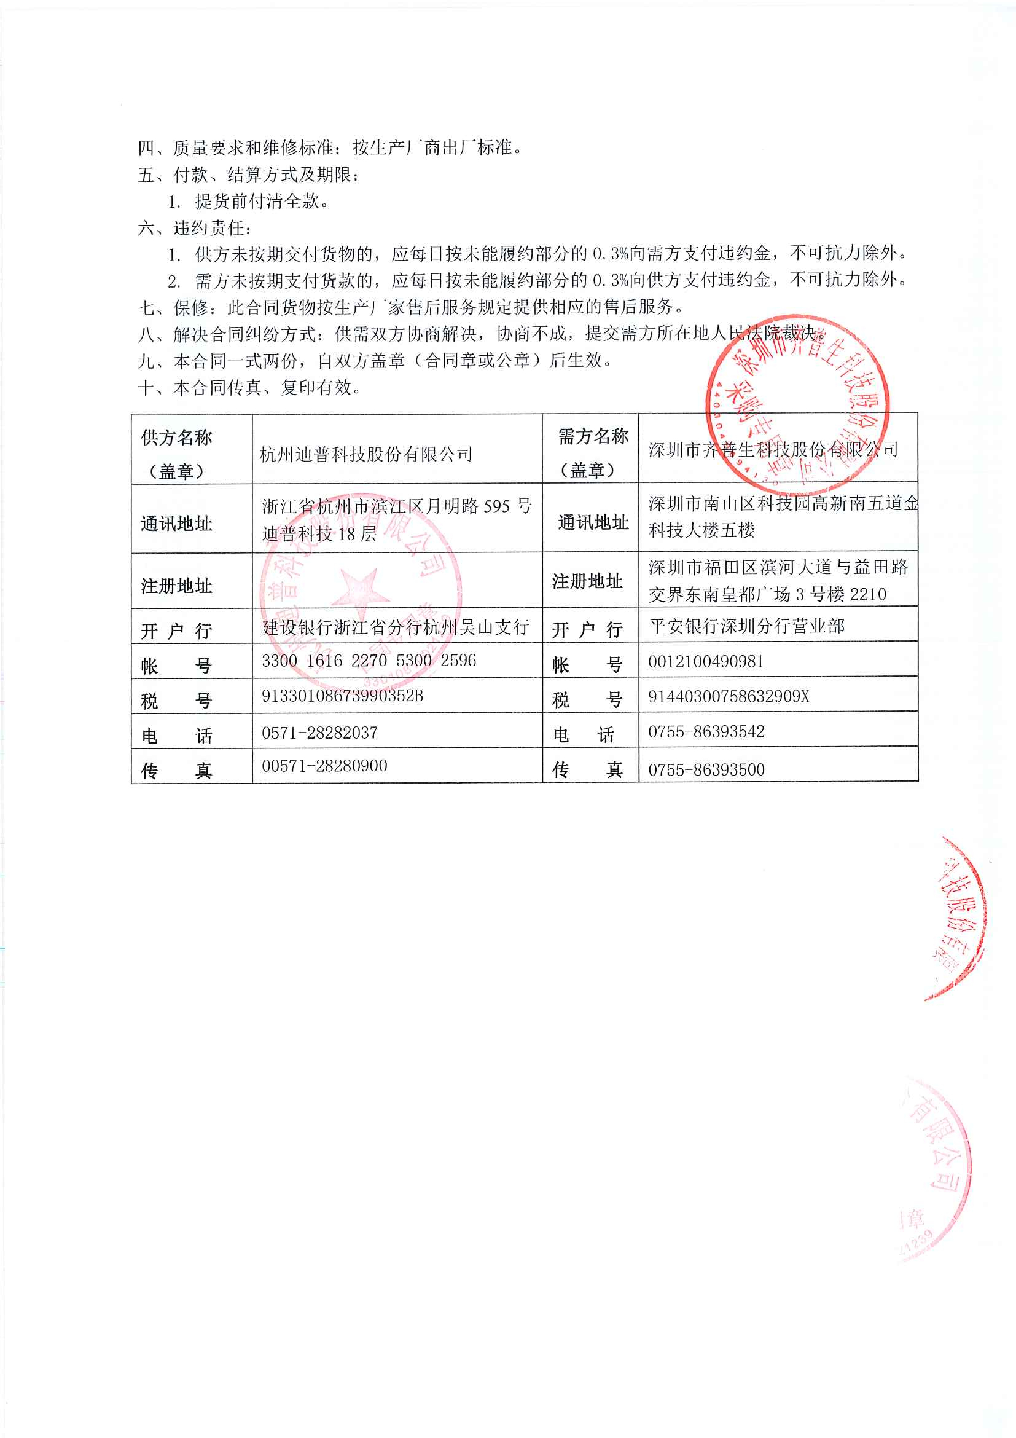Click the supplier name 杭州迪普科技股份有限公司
pyautogui.click(x=365, y=454)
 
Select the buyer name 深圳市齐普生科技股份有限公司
pyautogui.click(x=773, y=449)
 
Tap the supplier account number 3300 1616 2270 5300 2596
pyautogui.click(x=369, y=661)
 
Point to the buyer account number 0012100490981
pyautogui.click(x=706, y=661)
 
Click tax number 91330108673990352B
pyautogui.click(x=342, y=696)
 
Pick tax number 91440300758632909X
pyautogui.click(x=728, y=696)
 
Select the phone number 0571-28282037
pyautogui.click(x=319, y=732)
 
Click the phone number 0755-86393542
pyautogui.click(x=706, y=731)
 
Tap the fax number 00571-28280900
pyautogui.click(x=324, y=766)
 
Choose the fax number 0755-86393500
pyautogui.click(x=706, y=769)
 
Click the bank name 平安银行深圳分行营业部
pyautogui.click(x=746, y=626)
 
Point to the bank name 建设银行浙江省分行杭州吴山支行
pyautogui.click(x=396, y=627)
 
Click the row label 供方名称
pyautogui.click(x=176, y=438)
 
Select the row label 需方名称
pyautogui.click(x=592, y=436)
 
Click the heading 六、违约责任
pyautogui.click(x=194, y=228)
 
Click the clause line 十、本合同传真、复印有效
pyautogui.click(x=250, y=388)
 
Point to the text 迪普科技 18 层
pyautogui.click(x=319, y=533)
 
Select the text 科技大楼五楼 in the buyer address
pyautogui.click(x=701, y=530)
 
